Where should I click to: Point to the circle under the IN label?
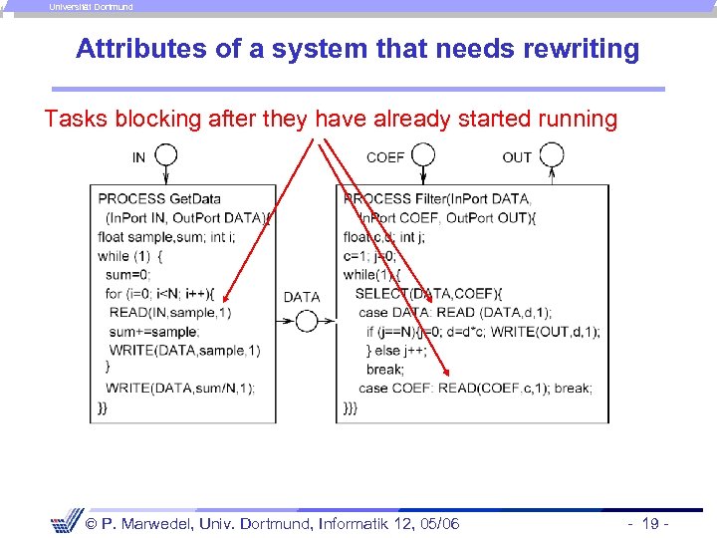[x=165, y=155]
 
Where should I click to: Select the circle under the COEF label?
[x=424, y=155]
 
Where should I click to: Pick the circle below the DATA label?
[x=306, y=321]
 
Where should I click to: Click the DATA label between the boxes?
[x=302, y=297]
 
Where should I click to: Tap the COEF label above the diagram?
[x=385, y=157]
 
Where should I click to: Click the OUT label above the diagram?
[x=517, y=157]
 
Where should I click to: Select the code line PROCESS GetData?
[x=159, y=198]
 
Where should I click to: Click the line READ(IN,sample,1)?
[x=170, y=312]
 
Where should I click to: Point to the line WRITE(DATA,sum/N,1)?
[x=179, y=388]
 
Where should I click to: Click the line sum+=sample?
[x=154, y=331]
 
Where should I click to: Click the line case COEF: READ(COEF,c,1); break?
[x=475, y=388]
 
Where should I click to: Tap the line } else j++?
[x=396, y=350]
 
